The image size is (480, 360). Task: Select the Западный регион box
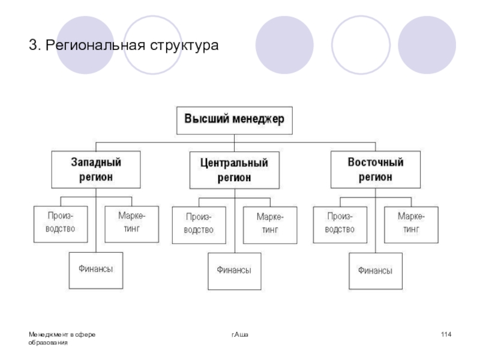click(x=96, y=170)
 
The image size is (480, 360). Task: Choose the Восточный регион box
click(x=376, y=170)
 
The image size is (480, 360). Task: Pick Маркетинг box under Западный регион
click(x=131, y=223)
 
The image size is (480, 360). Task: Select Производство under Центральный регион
click(x=199, y=224)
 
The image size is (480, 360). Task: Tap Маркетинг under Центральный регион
click(x=270, y=224)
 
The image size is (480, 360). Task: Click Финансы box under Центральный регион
click(x=234, y=271)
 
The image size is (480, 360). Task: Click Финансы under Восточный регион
click(x=376, y=271)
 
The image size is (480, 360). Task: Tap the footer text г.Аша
click(x=240, y=334)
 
